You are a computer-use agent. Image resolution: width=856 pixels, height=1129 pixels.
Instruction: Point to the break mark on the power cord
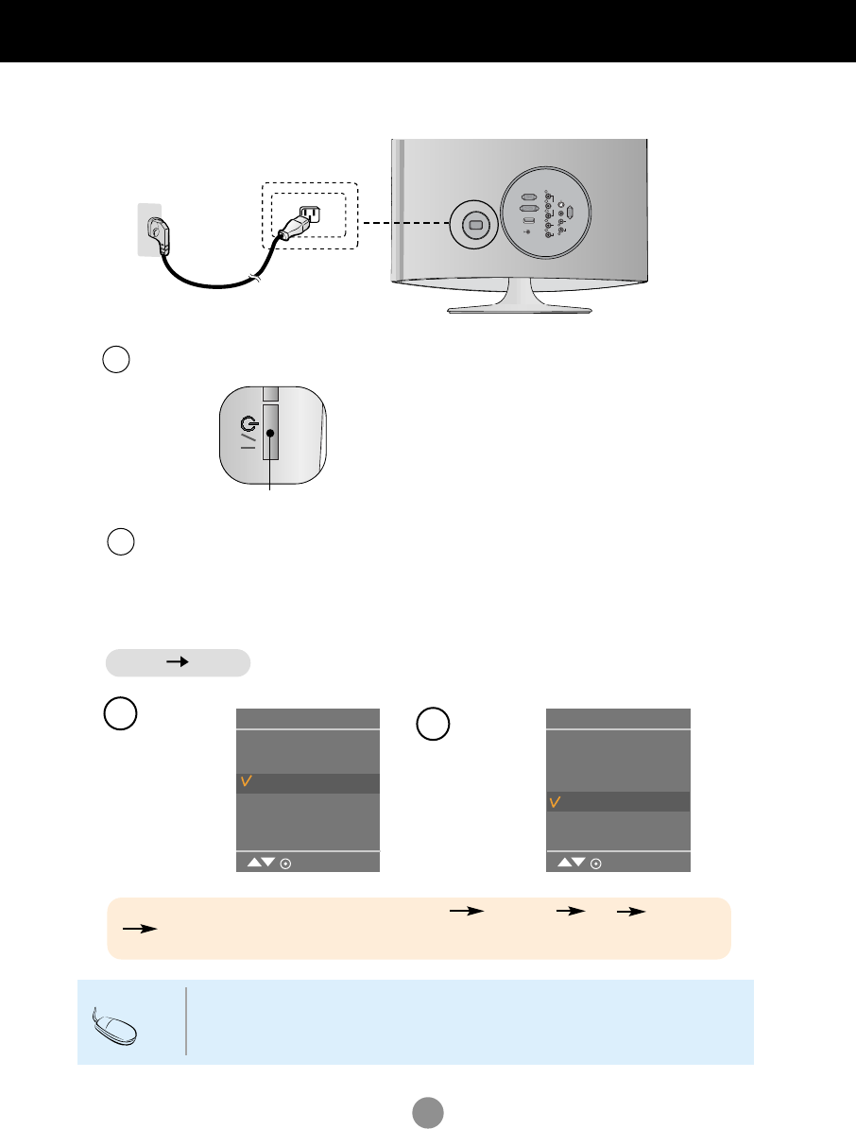point(253,278)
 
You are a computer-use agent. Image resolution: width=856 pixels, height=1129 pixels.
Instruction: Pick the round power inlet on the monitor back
point(475,225)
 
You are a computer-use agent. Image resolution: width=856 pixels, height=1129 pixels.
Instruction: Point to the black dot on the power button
point(270,434)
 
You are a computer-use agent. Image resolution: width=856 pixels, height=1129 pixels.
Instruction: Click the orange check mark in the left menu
point(246,783)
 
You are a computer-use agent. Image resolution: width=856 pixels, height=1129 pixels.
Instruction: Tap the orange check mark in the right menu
point(556,802)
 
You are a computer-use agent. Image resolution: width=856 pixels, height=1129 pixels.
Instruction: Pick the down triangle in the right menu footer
point(578,862)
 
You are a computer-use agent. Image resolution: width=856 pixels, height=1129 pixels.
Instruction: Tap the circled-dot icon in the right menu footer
point(596,862)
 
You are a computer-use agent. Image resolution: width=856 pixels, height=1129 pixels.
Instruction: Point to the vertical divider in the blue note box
point(187,1021)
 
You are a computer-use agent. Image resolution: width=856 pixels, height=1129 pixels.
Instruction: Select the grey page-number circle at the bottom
point(428,1110)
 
